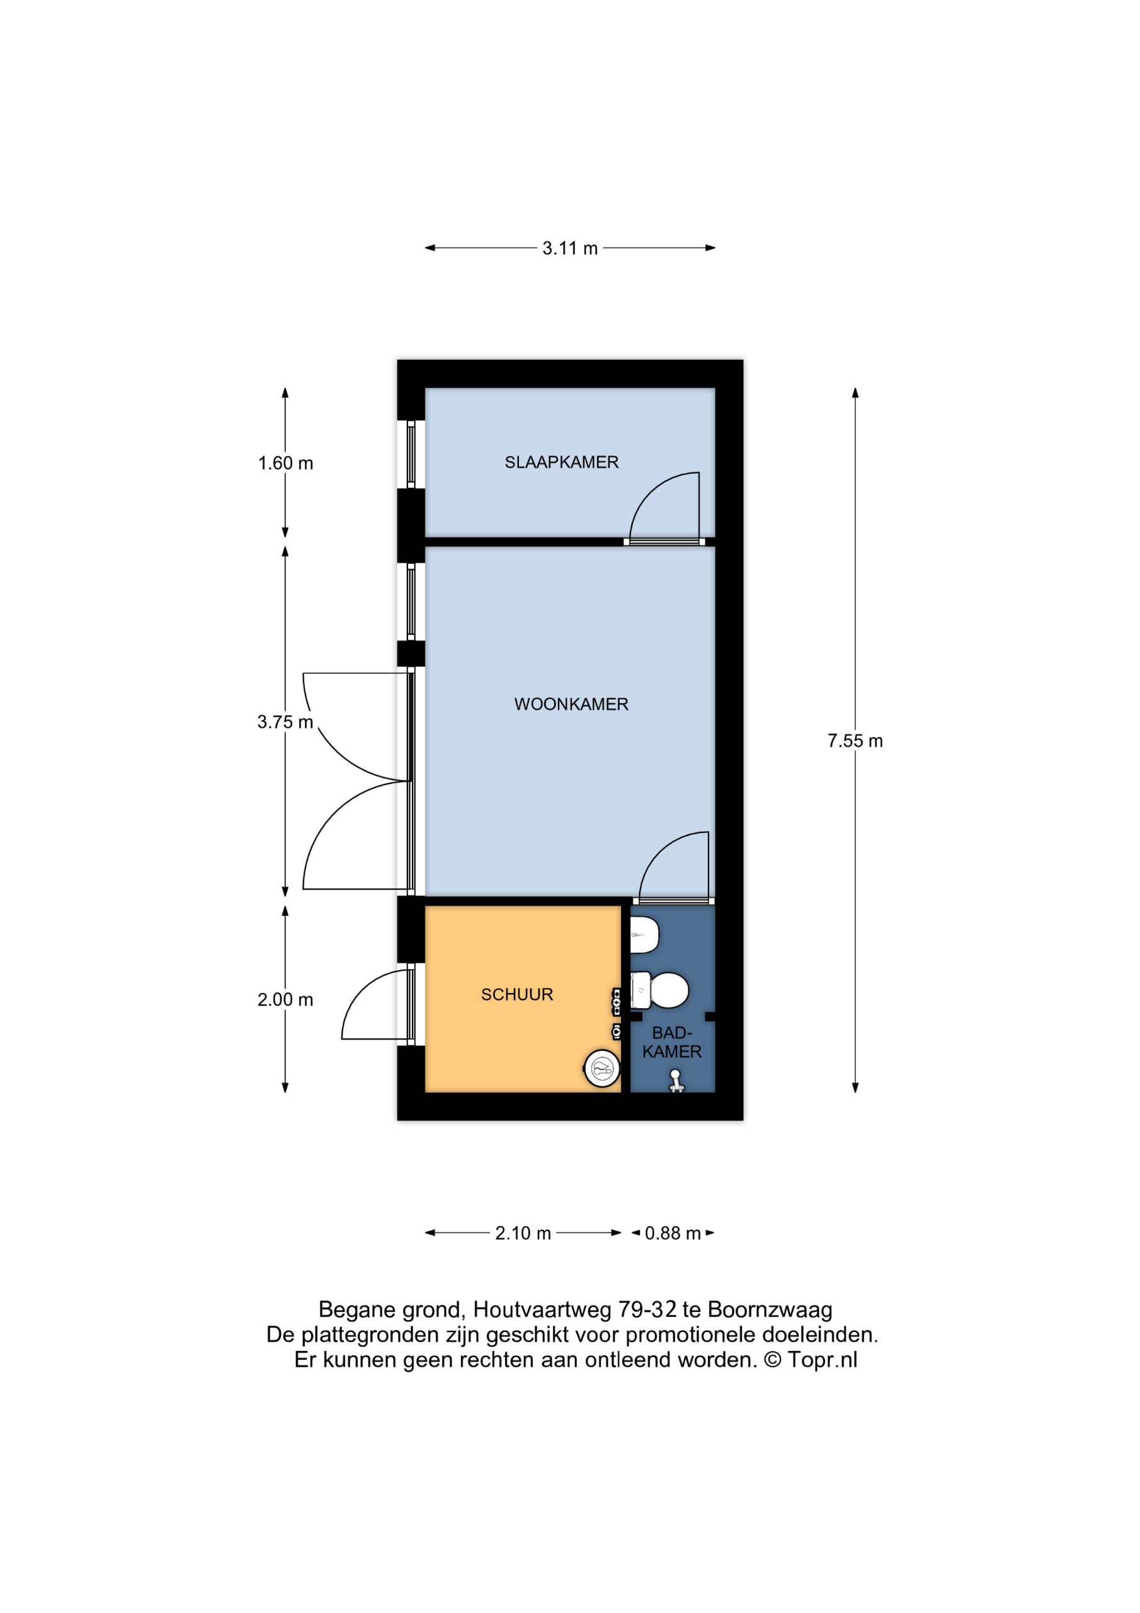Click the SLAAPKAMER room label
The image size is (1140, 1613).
561,462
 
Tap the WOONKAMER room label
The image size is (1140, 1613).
571,704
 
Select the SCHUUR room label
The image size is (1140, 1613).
517,994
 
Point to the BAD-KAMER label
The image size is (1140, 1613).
672,1042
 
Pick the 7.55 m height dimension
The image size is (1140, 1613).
855,740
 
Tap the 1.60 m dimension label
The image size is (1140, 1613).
285,463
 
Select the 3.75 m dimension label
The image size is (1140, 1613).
285,721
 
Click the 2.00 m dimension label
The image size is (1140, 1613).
285,1000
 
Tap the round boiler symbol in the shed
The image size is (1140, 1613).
602,1069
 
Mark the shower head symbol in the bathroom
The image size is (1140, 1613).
676,1080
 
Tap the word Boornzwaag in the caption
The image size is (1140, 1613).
770,1309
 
